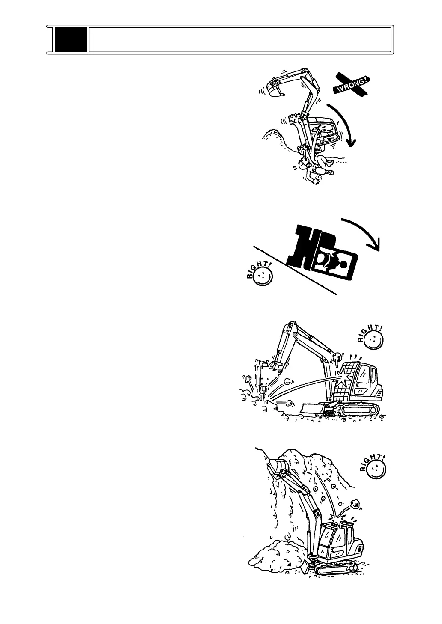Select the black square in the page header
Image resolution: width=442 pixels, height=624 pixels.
point(71,40)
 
